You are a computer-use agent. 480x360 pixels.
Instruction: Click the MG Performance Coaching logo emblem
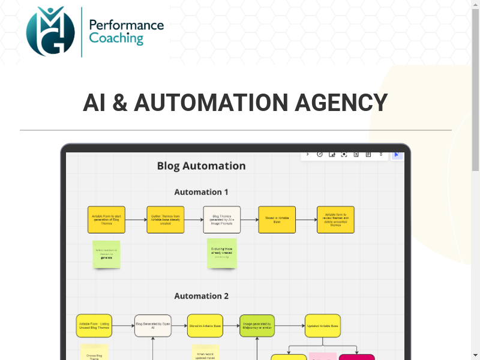pyautogui.click(x=50, y=31)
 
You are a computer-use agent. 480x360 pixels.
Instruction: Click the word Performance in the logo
pyautogui.click(x=126, y=25)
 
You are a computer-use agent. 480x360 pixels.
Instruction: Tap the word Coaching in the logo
pyautogui.click(x=116, y=39)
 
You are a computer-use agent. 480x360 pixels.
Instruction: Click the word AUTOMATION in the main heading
pyautogui.click(x=211, y=103)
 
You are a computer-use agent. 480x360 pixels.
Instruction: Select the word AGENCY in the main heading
pyautogui.click(x=341, y=103)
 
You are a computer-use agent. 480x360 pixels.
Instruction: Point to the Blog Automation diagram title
pyautogui.click(x=201, y=166)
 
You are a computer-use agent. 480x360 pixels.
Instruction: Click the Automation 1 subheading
pyautogui.click(x=201, y=192)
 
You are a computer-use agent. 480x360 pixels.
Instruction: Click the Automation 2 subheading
pyautogui.click(x=201, y=296)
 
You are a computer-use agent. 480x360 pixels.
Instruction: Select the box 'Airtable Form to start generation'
pyautogui.click(x=106, y=220)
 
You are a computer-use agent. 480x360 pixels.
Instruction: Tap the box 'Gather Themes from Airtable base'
pyautogui.click(x=164, y=220)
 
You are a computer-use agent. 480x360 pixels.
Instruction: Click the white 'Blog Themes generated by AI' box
pyautogui.click(x=221, y=220)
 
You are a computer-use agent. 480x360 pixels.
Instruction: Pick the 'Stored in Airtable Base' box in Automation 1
pyautogui.click(x=277, y=220)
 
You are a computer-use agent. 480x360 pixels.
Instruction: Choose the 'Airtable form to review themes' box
pyautogui.click(x=335, y=220)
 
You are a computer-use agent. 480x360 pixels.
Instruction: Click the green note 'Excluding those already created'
pyautogui.click(x=221, y=253)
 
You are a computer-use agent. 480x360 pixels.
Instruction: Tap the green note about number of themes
pyautogui.click(x=106, y=254)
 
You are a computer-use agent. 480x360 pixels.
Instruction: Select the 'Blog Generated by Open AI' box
pyautogui.click(x=153, y=326)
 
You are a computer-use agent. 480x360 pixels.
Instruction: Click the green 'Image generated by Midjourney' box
pyautogui.click(x=257, y=326)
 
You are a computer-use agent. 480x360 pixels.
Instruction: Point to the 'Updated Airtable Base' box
pyautogui.click(x=323, y=326)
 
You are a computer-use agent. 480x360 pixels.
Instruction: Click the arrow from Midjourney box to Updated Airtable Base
pyautogui.click(x=289, y=326)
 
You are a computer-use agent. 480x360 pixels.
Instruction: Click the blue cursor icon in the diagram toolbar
pyautogui.click(x=397, y=155)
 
